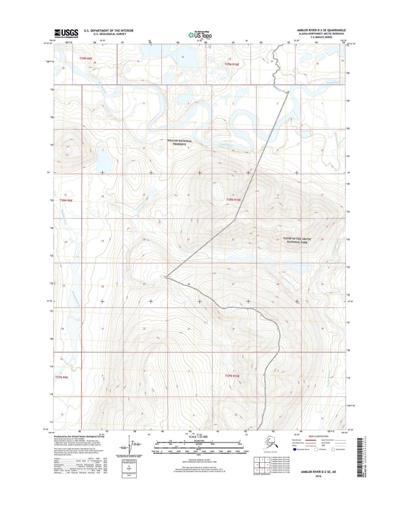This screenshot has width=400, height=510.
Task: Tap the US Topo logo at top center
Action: click(200, 35)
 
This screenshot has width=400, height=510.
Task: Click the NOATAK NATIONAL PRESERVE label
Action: click(179, 142)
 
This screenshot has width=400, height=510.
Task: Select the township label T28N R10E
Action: click(233, 200)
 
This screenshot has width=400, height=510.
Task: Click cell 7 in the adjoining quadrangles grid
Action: click(262, 470)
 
